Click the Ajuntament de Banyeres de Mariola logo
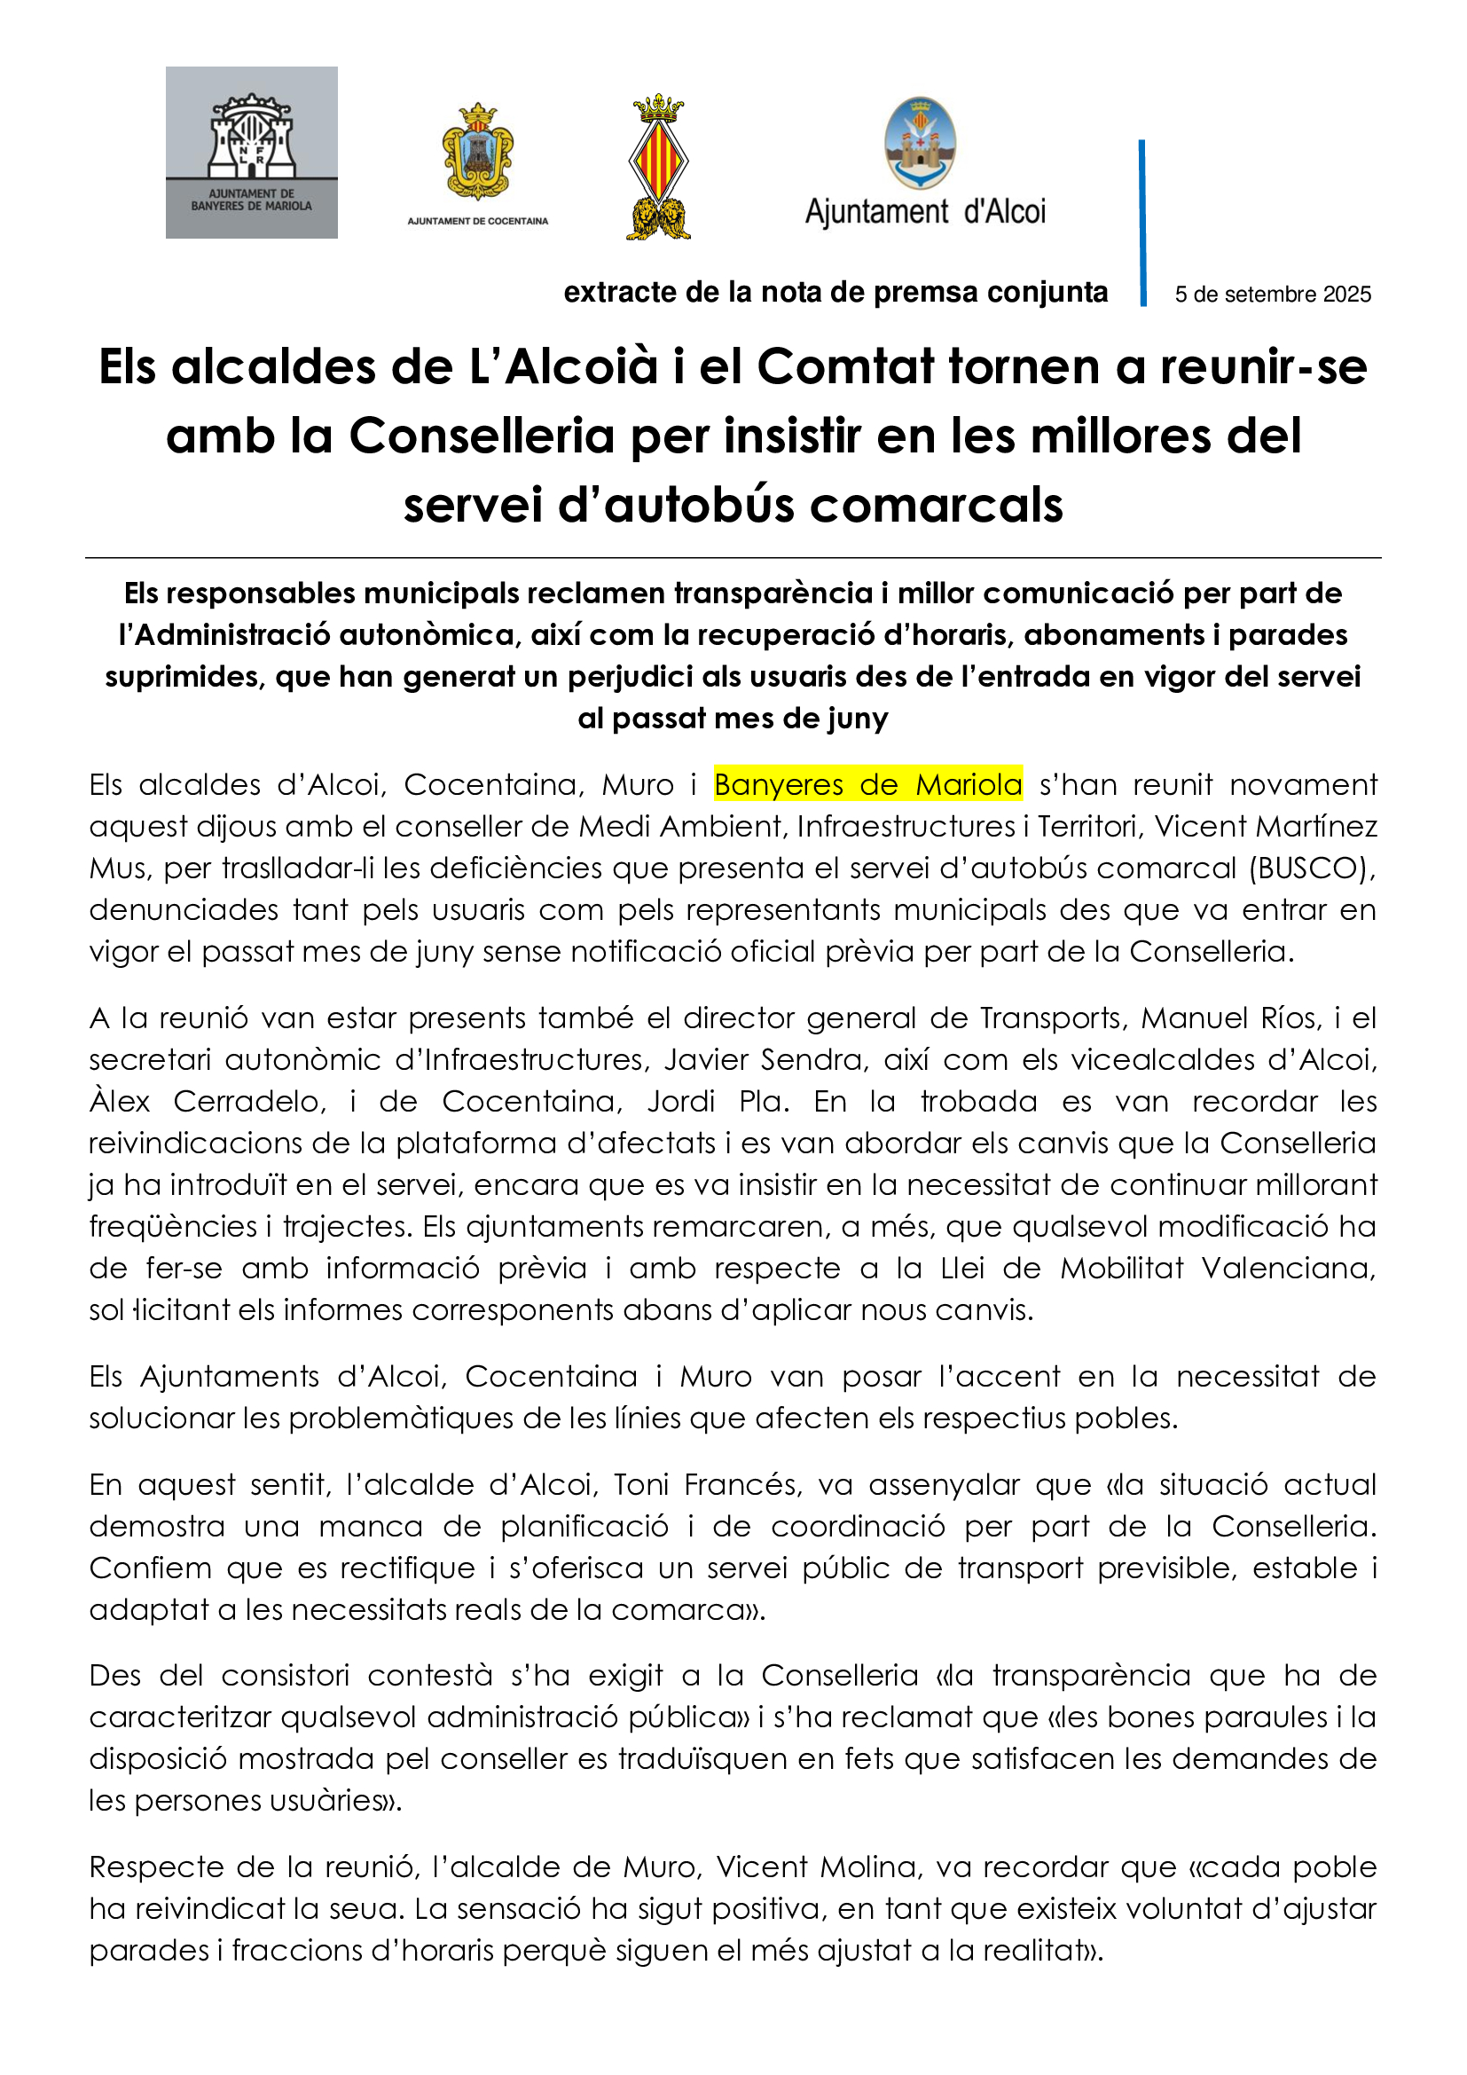tap(251, 152)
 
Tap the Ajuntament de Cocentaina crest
tap(477, 152)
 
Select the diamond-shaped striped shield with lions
tap(658, 167)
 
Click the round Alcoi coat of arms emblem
tap(920, 144)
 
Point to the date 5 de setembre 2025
tap(1272, 295)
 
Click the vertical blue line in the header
tap(1142, 223)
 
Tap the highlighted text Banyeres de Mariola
tap(867, 784)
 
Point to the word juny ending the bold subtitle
tap(858, 719)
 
